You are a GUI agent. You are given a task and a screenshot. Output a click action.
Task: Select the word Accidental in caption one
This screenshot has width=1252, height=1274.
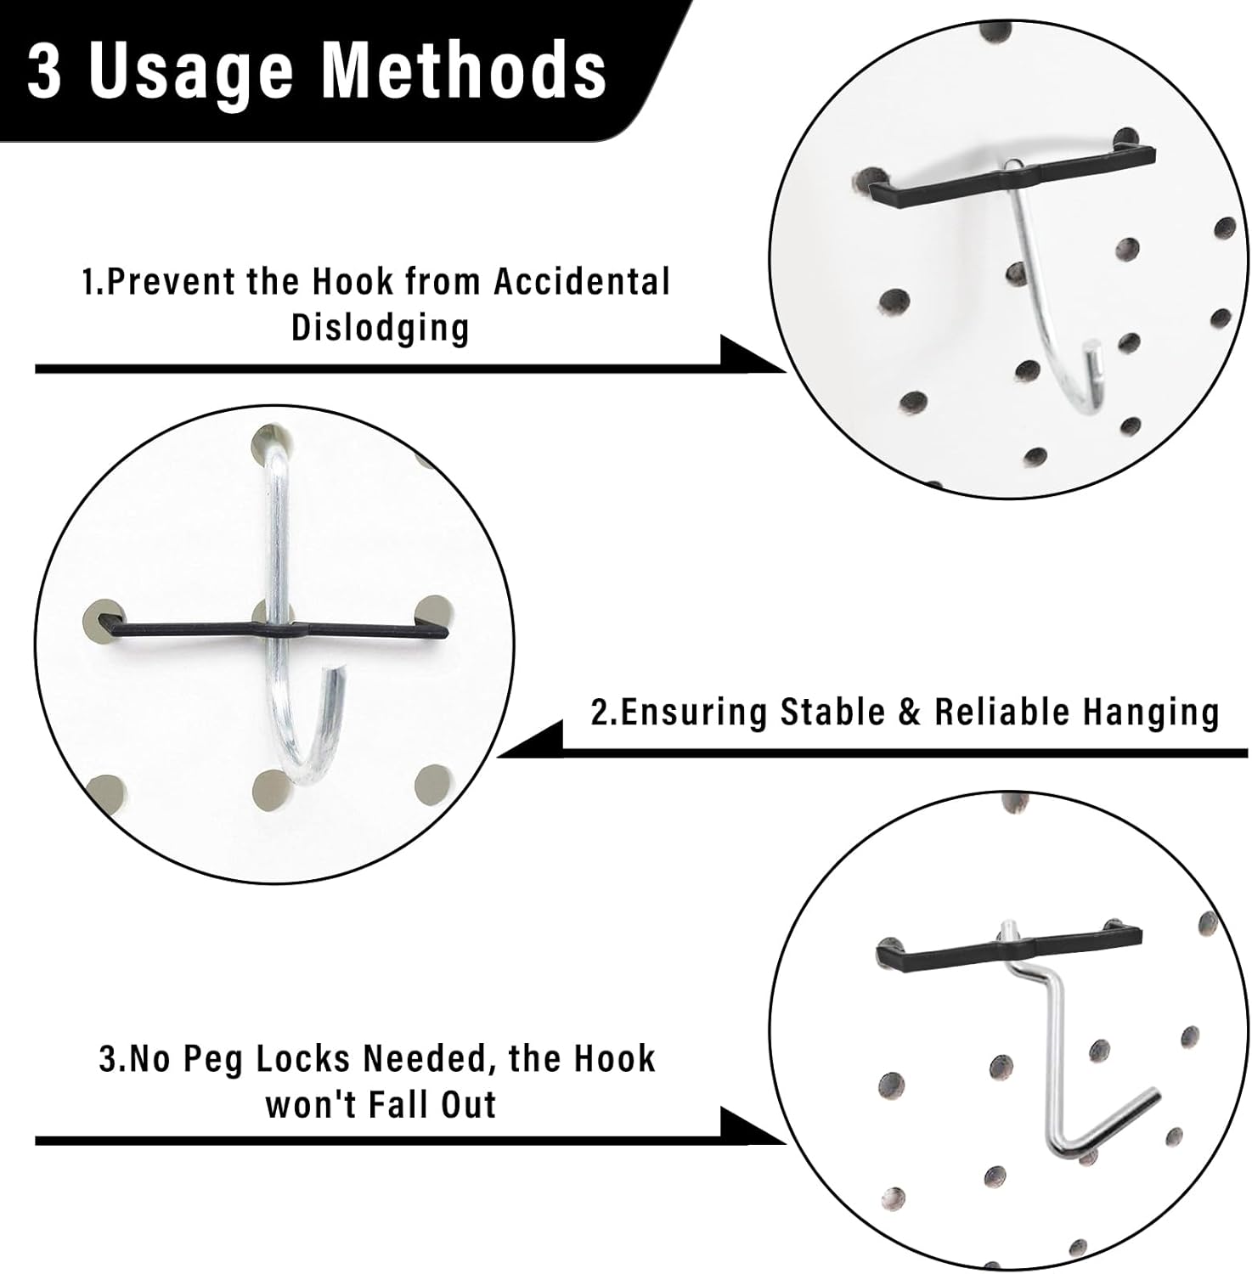[582, 282]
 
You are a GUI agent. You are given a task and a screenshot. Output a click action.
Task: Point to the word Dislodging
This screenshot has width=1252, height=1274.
[381, 327]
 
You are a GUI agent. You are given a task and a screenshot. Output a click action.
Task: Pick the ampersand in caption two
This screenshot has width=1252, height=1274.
[909, 713]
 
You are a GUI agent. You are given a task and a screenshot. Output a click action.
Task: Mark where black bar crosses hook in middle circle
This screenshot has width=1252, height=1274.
[280, 630]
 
